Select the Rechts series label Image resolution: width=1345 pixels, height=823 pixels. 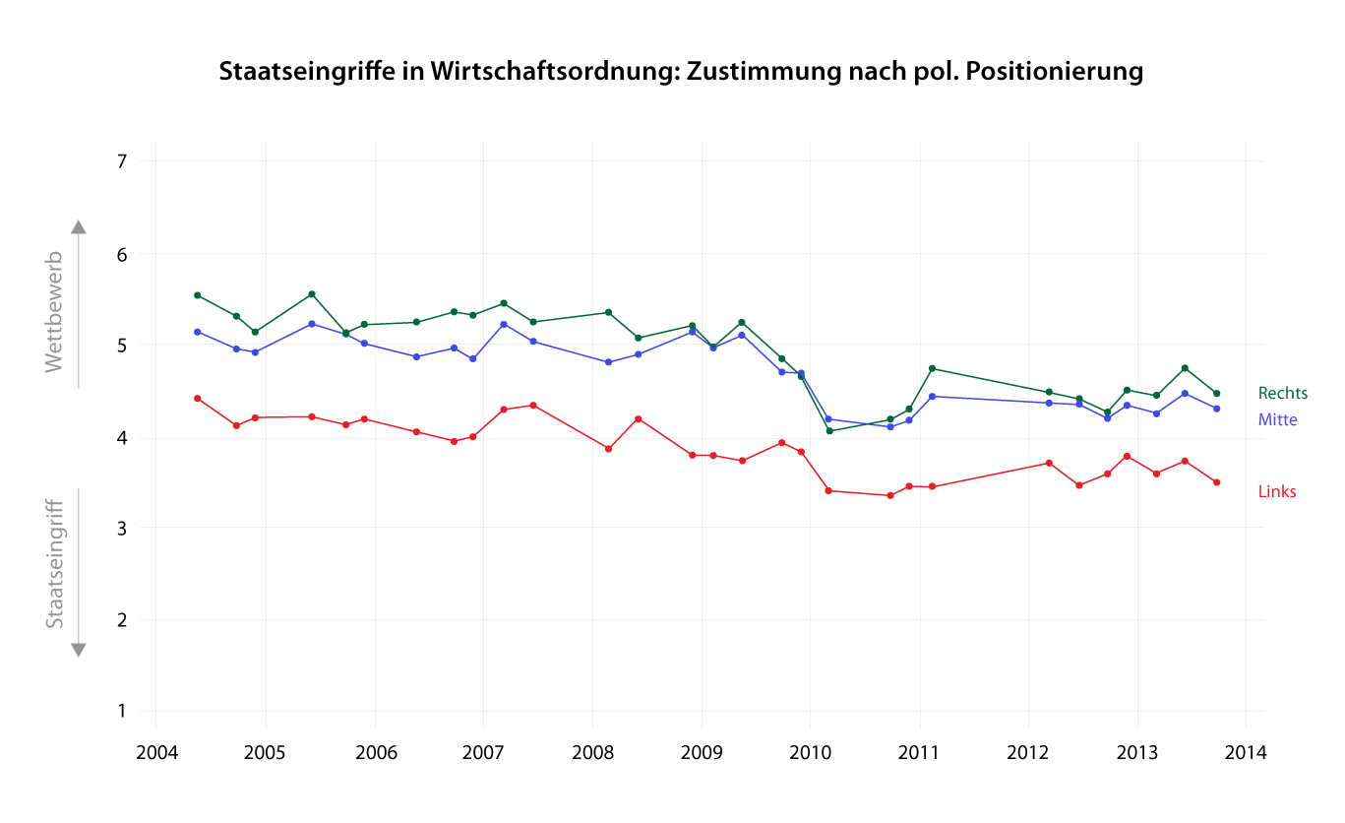pos(1283,394)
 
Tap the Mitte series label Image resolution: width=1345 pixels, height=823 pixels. pos(1278,420)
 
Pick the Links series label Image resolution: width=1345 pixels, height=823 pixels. pos(1277,492)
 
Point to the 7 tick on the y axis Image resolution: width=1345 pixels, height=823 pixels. pos(122,161)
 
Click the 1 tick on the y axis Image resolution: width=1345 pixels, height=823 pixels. pos(122,711)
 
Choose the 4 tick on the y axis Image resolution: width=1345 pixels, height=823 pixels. pos(122,437)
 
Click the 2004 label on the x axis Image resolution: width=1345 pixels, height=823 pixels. pos(155,752)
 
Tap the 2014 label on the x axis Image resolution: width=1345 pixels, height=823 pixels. pos(1246,752)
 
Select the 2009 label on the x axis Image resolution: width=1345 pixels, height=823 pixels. pos(701,752)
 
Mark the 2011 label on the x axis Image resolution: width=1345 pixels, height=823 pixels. pos(919,752)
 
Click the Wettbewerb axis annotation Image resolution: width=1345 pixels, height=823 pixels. pos(54,312)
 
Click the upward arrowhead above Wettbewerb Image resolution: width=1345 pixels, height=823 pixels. pos(79,226)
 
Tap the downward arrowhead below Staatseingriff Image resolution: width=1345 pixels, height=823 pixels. pos(79,650)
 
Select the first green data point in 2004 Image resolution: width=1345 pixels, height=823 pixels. pos(198,295)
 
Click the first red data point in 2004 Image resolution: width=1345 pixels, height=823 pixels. pos(198,399)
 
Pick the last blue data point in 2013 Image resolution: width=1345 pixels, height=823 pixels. pos(1217,409)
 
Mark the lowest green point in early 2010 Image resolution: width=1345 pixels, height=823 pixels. pos(829,431)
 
